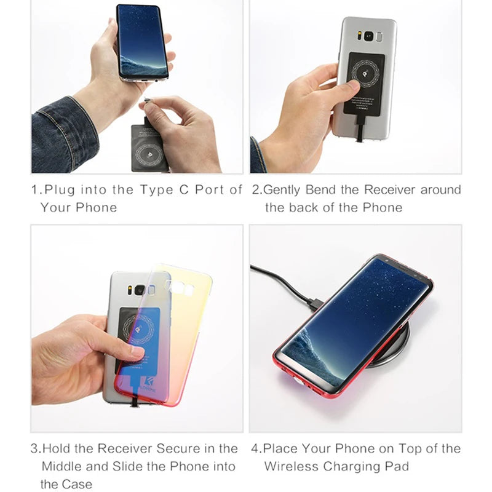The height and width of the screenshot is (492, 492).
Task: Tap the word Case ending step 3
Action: pyautogui.click(x=76, y=484)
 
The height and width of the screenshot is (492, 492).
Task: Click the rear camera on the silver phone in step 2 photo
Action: pyautogui.click(x=370, y=36)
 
